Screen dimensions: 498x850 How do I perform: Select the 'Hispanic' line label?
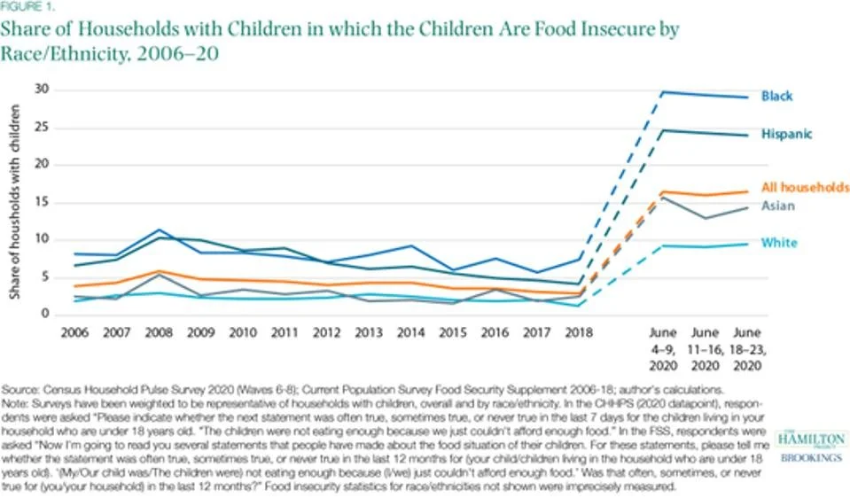pyautogui.click(x=787, y=134)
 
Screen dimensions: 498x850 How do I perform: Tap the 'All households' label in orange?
pyautogui.click(x=805, y=187)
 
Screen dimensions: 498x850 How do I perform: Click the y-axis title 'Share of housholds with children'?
pyautogui.click(x=16, y=202)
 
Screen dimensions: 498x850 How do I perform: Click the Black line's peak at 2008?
pyautogui.click(x=157, y=230)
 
